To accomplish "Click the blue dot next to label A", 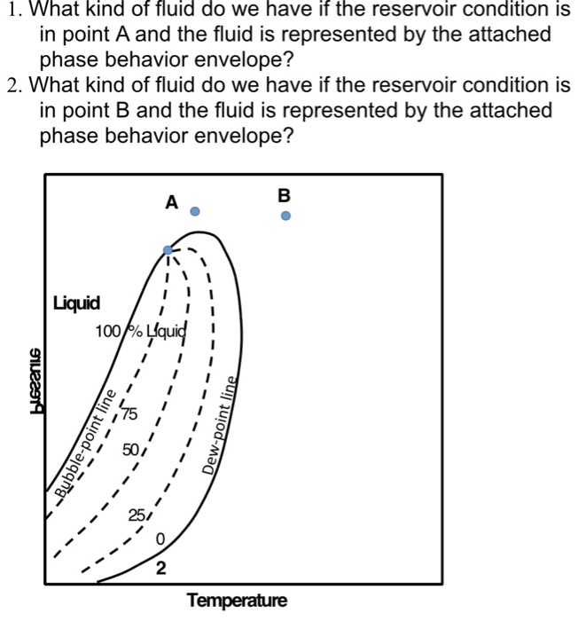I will tap(197, 211).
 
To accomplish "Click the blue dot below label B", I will tap(284, 215).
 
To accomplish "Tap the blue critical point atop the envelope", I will tap(168, 251).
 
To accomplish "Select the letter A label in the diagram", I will tap(171, 203).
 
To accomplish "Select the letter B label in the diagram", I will tap(284, 194).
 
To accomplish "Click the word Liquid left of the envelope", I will tap(76, 304).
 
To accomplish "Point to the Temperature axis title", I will tap(237, 601).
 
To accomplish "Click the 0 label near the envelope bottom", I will tap(160, 539).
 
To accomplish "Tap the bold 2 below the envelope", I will tap(160, 569).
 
